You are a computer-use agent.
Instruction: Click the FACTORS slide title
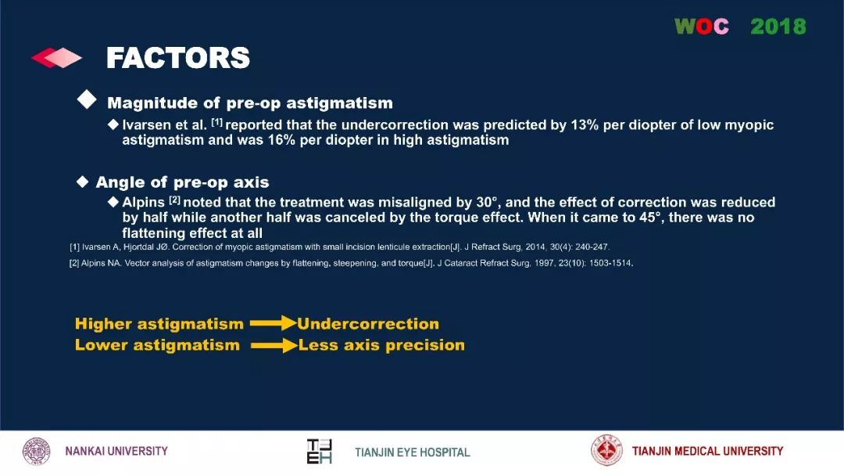pyautogui.click(x=178, y=58)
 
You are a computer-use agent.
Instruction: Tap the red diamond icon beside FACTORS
pyautogui.click(x=56, y=58)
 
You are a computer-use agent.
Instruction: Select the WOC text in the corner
pyautogui.click(x=702, y=26)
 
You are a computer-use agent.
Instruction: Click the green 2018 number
pyautogui.click(x=778, y=26)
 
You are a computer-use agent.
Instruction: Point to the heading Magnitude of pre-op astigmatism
pyautogui.click(x=250, y=103)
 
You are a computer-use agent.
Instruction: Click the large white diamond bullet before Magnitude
pyautogui.click(x=87, y=99)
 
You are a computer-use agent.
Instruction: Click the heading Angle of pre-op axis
pyautogui.click(x=182, y=182)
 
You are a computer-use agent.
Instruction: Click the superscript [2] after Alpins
pyautogui.click(x=174, y=200)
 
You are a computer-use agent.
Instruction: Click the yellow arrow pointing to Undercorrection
pyautogui.click(x=273, y=323)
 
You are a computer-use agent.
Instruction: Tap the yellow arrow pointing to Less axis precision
pyautogui.click(x=274, y=345)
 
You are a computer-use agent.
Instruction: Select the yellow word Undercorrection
pyautogui.click(x=368, y=323)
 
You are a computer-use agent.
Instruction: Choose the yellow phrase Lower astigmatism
pyautogui.click(x=157, y=345)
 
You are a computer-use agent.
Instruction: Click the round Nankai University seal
pyautogui.click(x=36, y=452)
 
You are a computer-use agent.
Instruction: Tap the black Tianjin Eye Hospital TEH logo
pyautogui.click(x=319, y=452)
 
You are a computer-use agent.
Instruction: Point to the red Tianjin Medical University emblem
pyautogui.click(x=606, y=451)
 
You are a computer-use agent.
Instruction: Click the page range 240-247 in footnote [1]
pyautogui.click(x=592, y=247)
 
